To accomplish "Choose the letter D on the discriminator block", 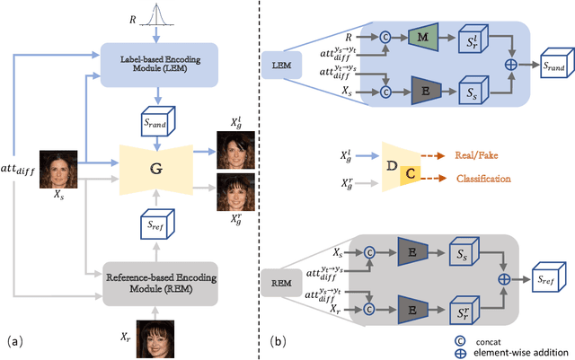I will (392, 165).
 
